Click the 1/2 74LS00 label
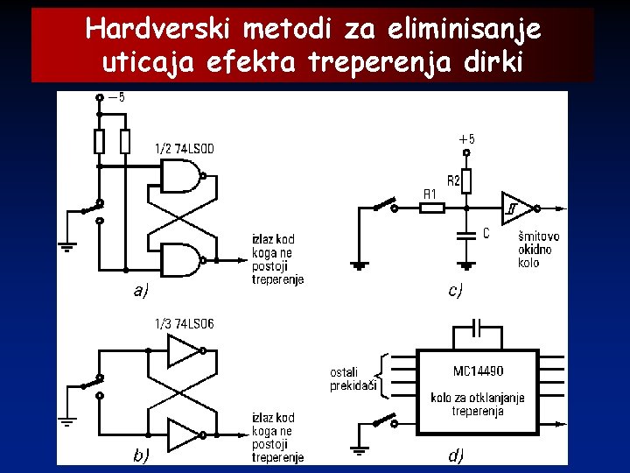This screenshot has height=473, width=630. tap(184, 149)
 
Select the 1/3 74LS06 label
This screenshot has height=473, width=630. tap(184, 324)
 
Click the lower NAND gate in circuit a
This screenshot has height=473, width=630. tap(181, 259)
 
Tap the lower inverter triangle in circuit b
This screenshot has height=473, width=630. tap(183, 434)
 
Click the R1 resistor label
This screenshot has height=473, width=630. tap(430, 194)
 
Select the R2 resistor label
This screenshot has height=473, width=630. tap(454, 181)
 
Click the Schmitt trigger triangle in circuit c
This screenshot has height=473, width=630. tap(514, 208)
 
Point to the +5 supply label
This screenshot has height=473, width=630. tap(466, 139)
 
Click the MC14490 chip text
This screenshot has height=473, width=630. tap(479, 371)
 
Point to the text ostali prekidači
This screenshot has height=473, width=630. tap(350, 378)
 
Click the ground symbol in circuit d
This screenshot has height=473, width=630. tap(358, 450)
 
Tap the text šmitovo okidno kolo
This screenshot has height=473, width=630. tap(538, 250)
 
